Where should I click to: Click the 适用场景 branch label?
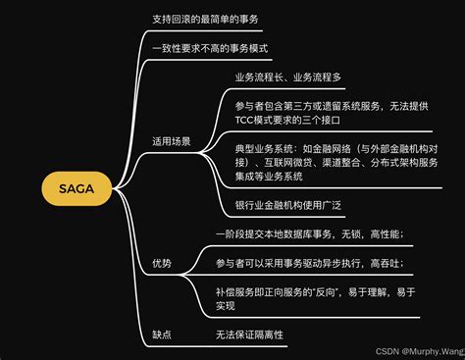click(x=172, y=140)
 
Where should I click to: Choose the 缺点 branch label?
click(x=162, y=334)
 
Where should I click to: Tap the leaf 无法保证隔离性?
click(x=249, y=334)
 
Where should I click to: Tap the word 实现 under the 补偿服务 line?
click(x=227, y=307)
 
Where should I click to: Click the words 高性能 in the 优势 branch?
click(x=385, y=234)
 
